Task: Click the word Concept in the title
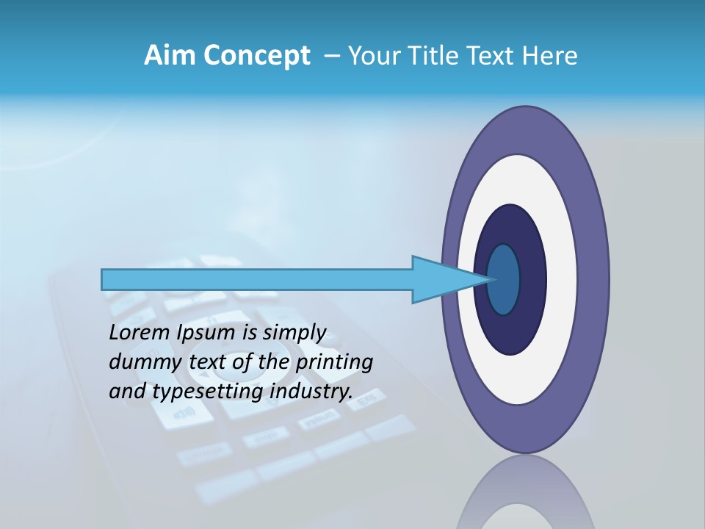click(x=257, y=56)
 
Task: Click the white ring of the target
click(x=562, y=279)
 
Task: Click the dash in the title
click(x=331, y=56)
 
